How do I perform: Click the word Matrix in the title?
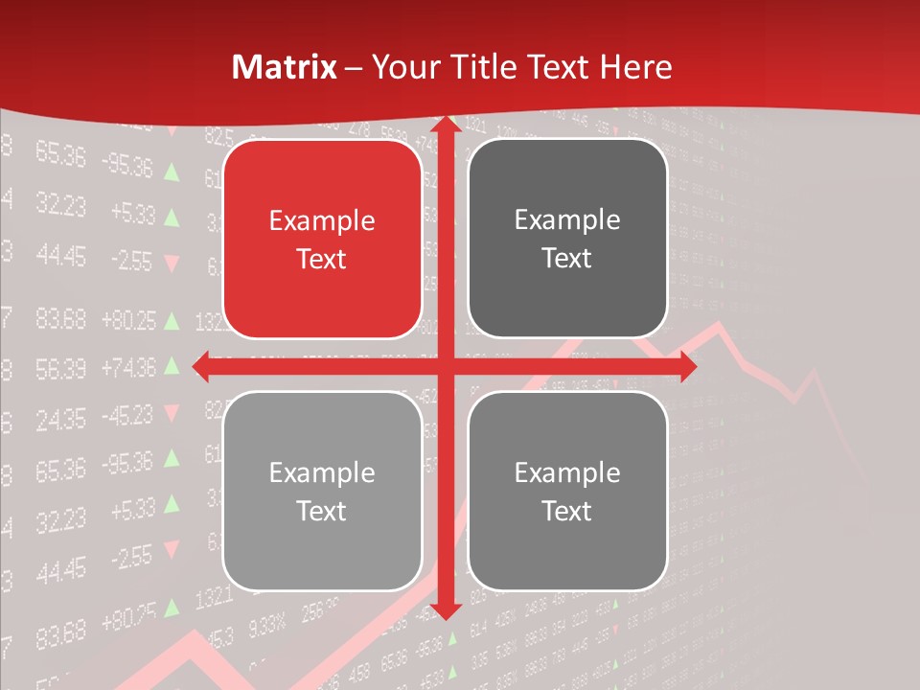coord(285,67)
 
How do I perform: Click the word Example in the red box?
coord(322,221)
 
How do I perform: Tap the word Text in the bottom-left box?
coord(322,511)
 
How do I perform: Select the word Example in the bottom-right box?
coord(567,472)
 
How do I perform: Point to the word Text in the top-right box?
coord(567,259)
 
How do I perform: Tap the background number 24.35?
coord(60,419)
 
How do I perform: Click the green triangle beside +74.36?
coord(172,365)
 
